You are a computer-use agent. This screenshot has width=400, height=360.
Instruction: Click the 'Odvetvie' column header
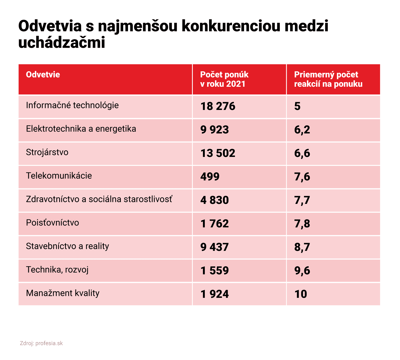43,74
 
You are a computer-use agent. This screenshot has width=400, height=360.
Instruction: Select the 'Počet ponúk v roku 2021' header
224,79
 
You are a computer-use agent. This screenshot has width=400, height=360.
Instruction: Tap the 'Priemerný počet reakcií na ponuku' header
328,79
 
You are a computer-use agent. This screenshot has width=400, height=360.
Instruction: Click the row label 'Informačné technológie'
72,105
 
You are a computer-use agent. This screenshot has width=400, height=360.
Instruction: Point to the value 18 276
218,106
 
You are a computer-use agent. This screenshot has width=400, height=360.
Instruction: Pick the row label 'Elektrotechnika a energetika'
81,129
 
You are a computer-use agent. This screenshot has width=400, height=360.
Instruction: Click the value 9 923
214,130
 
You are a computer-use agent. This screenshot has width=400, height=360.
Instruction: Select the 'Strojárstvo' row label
47,152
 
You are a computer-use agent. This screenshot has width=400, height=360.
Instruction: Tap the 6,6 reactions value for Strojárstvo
302,153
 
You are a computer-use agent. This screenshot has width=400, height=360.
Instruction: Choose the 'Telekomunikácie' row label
59,176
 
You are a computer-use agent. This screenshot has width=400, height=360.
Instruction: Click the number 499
210,177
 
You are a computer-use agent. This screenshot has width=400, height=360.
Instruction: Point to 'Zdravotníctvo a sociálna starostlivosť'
99,199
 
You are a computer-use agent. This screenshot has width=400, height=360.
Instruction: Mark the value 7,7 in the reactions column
302,200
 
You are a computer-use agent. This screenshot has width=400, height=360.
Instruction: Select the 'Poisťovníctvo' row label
53,223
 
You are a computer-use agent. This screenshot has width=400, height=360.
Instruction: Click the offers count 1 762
214,224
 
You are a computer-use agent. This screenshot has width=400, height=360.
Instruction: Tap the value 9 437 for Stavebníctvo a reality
214,247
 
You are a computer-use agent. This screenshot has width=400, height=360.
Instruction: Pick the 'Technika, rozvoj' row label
57,270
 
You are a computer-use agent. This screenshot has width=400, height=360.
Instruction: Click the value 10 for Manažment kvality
301,294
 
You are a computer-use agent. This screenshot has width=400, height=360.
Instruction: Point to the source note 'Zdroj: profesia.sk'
41,343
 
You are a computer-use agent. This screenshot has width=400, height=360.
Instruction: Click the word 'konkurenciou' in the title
231,26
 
